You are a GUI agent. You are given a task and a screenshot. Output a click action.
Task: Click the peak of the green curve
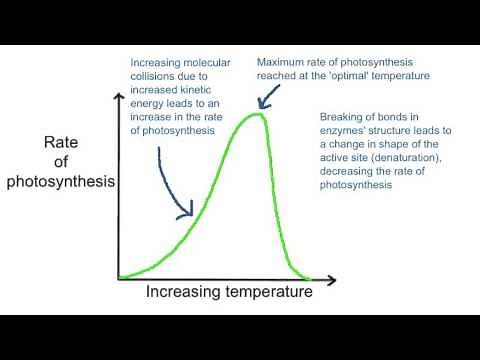(257, 115)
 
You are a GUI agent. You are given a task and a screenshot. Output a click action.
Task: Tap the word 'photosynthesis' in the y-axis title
(60, 181)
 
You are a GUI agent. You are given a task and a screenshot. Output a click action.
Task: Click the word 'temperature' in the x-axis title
(267, 292)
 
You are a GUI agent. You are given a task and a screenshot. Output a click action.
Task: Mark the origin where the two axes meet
(118, 277)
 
